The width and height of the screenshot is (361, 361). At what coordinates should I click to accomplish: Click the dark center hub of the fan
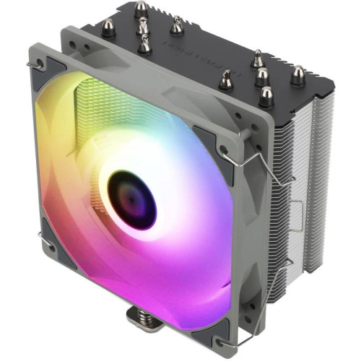(132, 199)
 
